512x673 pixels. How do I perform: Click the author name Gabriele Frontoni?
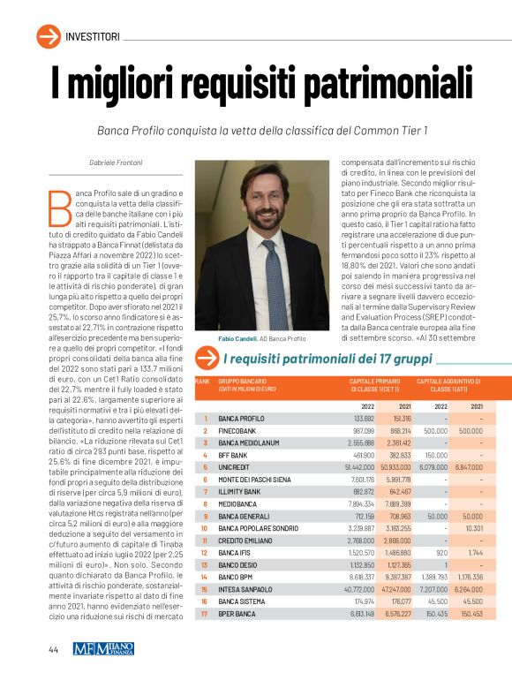(x=117, y=163)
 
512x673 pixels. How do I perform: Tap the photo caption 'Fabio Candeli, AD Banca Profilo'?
(x=262, y=338)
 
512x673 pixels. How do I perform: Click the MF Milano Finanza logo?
(x=103, y=647)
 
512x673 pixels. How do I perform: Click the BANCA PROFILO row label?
(x=241, y=418)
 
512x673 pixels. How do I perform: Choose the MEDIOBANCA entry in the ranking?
(x=237, y=503)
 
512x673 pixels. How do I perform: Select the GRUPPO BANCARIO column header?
(x=244, y=382)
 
